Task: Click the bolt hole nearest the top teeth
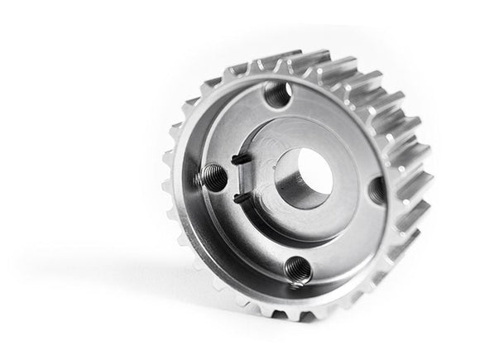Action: point(278,94)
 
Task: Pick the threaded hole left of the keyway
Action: point(212,175)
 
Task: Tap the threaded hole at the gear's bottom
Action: point(295,269)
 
